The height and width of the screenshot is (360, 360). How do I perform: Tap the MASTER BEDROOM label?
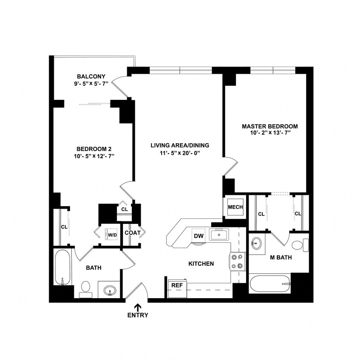click(270, 126)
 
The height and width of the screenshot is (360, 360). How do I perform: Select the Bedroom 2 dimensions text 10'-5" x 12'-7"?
click(94, 156)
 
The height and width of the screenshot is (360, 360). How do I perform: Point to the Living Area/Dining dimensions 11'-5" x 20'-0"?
click(180, 153)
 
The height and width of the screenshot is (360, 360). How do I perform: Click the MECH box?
click(235, 207)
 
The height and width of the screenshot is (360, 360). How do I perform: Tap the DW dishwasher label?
click(198, 236)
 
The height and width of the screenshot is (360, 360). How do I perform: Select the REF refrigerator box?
click(175, 285)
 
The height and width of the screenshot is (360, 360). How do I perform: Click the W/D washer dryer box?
click(112, 235)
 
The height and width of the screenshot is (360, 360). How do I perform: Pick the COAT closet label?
click(131, 233)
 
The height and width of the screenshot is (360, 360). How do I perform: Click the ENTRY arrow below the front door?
click(138, 307)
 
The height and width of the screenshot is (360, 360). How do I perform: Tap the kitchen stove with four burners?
click(238, 261)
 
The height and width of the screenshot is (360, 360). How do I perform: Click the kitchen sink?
click(219, 234)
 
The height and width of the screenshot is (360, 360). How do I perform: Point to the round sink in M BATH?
click(256, 244)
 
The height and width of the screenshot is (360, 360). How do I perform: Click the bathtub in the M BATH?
click(270, 283)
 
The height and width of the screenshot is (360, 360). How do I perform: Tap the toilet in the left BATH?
click(85, 288)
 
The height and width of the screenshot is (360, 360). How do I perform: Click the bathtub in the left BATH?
click(62, 268)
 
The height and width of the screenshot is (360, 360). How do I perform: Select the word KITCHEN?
click(201, 264)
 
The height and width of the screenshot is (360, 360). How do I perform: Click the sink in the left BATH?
click(109, 290)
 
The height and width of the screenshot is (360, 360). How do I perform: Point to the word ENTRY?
click(138, 315)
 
